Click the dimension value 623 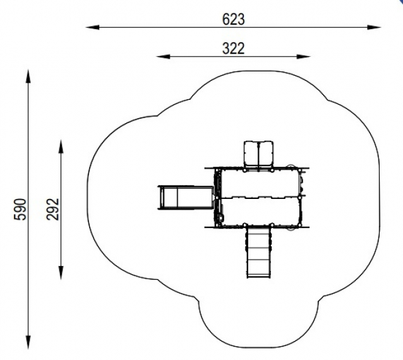(x=233, y=20)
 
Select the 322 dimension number (x=233, y=49)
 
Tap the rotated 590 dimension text (x=20, y=209)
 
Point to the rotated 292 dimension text (x=53, y=209)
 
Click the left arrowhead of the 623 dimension (x=92, y=27)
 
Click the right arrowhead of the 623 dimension (x=374, y=27)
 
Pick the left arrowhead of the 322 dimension (x=163, y=56)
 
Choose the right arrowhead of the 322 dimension (x=304, y=56)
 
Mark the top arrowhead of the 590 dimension (x=28, y=76)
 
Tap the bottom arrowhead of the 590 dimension (x=28, y=342)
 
